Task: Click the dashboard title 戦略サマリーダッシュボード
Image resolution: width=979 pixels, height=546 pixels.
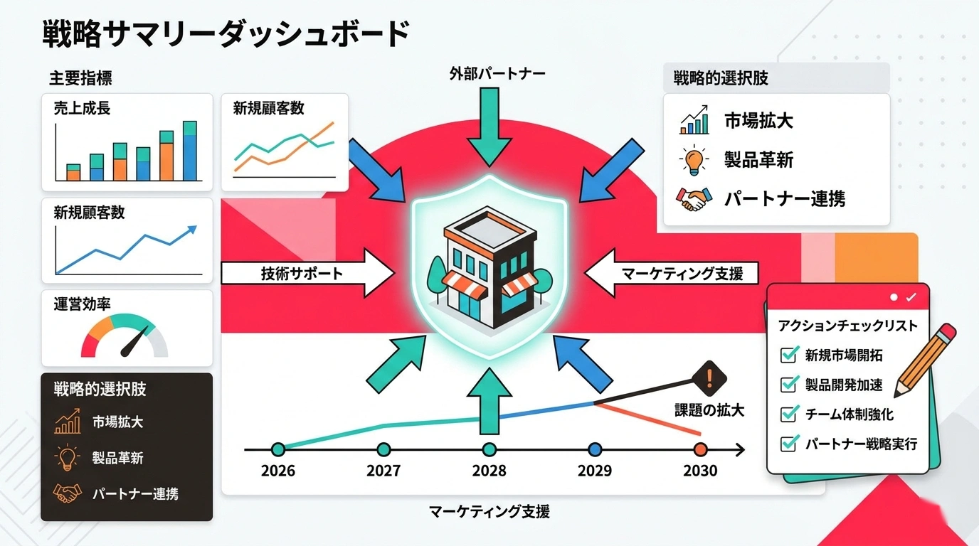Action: pos(226,33)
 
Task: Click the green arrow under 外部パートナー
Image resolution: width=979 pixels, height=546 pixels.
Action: pos(489,128)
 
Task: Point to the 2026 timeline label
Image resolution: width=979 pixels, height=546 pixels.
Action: pos(278,471)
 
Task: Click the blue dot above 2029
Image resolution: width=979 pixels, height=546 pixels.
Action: pos(595,449)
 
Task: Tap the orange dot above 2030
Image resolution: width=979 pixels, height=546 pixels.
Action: pos(700,449)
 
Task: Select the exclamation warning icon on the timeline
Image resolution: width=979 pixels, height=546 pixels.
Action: pos(709,374)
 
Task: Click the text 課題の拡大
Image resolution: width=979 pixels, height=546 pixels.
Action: pos(709,410)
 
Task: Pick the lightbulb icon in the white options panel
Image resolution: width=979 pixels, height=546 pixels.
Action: pos(693,159)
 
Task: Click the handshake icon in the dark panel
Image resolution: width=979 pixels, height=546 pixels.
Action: pos(68,493)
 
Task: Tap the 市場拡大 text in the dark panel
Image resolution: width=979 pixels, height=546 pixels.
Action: pos(117,422)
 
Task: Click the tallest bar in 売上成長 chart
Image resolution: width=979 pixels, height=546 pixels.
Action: pos(189,151)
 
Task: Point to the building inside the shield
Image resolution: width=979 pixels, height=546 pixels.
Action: pos(489,270)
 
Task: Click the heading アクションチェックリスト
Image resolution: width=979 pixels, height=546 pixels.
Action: pos(847,326)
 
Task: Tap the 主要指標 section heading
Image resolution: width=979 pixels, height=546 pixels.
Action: pos(80,77)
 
